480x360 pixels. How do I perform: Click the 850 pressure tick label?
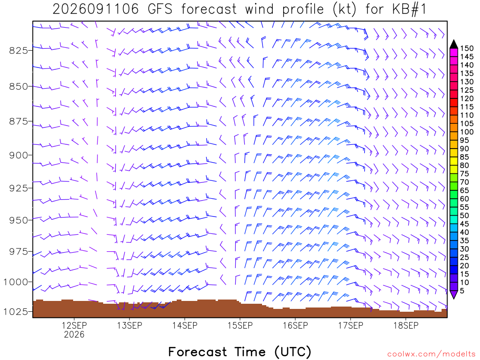click(18, 87)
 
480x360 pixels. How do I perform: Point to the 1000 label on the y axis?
click(15, 282)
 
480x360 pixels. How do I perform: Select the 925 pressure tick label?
click(18, 188)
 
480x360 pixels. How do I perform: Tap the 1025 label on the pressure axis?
click(15, 312)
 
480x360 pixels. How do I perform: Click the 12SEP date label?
click(74, 325)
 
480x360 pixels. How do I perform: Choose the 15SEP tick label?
click(240, 325)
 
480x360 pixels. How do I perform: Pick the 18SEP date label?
click(406, 325)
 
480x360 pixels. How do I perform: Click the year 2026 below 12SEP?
click(74, 334)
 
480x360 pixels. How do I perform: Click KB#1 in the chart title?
click(409, 9)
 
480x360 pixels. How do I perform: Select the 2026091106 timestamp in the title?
click(96, 9)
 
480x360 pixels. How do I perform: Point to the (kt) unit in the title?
click(345, 9)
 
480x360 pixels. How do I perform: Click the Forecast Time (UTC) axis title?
click(240, 352)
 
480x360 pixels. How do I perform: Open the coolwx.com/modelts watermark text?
click(431, 354)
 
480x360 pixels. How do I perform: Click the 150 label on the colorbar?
click(466, 48)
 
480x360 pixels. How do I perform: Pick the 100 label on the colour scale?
click(466, 132)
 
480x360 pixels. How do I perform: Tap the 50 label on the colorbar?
click(465, 216)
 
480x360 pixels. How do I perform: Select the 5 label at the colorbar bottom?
click(462, 291)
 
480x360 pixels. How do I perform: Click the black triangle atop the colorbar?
click(454, 44)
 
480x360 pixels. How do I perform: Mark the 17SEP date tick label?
click(351, 325)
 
